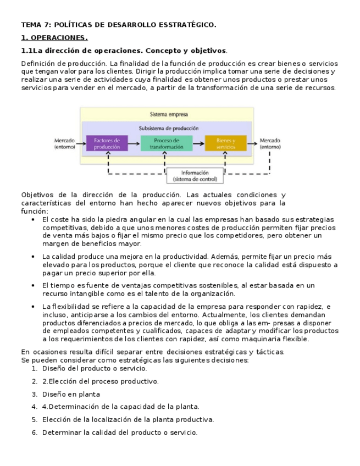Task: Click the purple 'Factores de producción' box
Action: (107, 143)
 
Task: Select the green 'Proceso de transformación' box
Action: (166, 143)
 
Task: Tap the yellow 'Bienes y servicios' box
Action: (225, 143)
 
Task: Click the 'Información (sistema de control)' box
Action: (195, 176)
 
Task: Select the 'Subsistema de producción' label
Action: (169, 128)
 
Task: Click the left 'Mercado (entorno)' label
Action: (65, 143)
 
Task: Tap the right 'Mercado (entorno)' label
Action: (270, 143)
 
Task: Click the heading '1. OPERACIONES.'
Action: (54, 38)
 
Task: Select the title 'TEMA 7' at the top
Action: (35, 25)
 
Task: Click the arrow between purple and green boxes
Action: (134, 143)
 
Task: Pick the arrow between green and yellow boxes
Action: (198, 143)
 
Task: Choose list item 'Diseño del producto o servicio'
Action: (86, 369)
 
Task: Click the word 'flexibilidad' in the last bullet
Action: (70, 306)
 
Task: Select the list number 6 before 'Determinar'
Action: (34, 432)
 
